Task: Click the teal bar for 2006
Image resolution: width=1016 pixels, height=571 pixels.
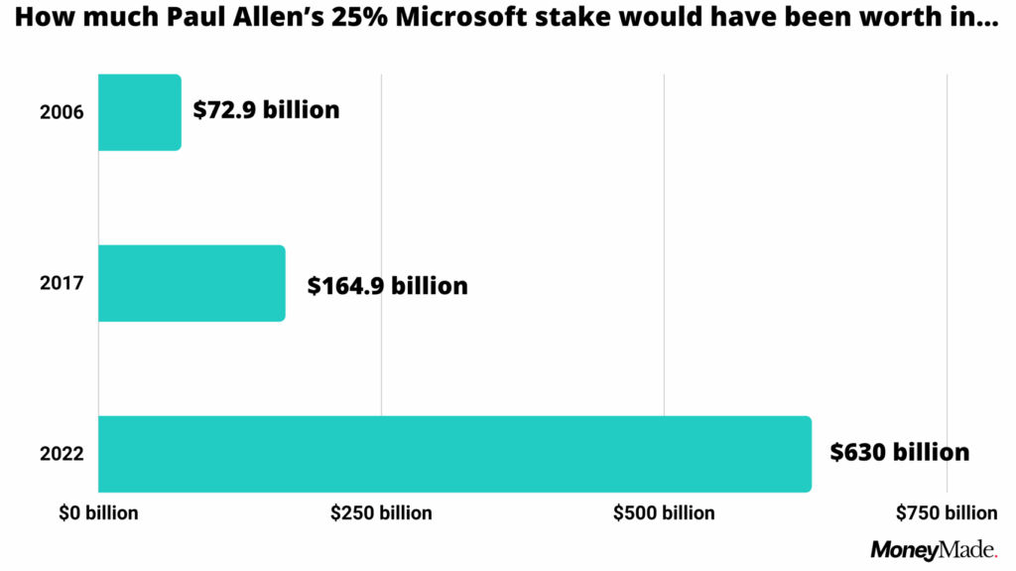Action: (139, 112)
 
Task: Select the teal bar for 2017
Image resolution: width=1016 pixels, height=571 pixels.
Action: (191, 283)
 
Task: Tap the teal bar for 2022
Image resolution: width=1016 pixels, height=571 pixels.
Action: (454, 454)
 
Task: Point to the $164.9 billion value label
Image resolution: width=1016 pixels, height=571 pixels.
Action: (387, 286)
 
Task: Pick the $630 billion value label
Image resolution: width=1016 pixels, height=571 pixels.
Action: (899, 453)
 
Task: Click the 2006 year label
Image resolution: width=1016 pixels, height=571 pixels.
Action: (62, 112)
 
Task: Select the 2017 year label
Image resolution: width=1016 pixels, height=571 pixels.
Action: (62, 283)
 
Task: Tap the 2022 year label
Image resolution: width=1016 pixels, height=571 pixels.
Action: (62, 455)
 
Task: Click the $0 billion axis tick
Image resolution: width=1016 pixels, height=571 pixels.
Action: (98, 513)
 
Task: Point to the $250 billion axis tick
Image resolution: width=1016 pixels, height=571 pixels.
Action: (382, 513)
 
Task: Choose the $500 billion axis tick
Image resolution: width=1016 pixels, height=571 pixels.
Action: (664, 513)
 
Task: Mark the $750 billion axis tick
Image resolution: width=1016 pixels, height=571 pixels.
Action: (947, 513)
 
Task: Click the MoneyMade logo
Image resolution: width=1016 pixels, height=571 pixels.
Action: (934, 550)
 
